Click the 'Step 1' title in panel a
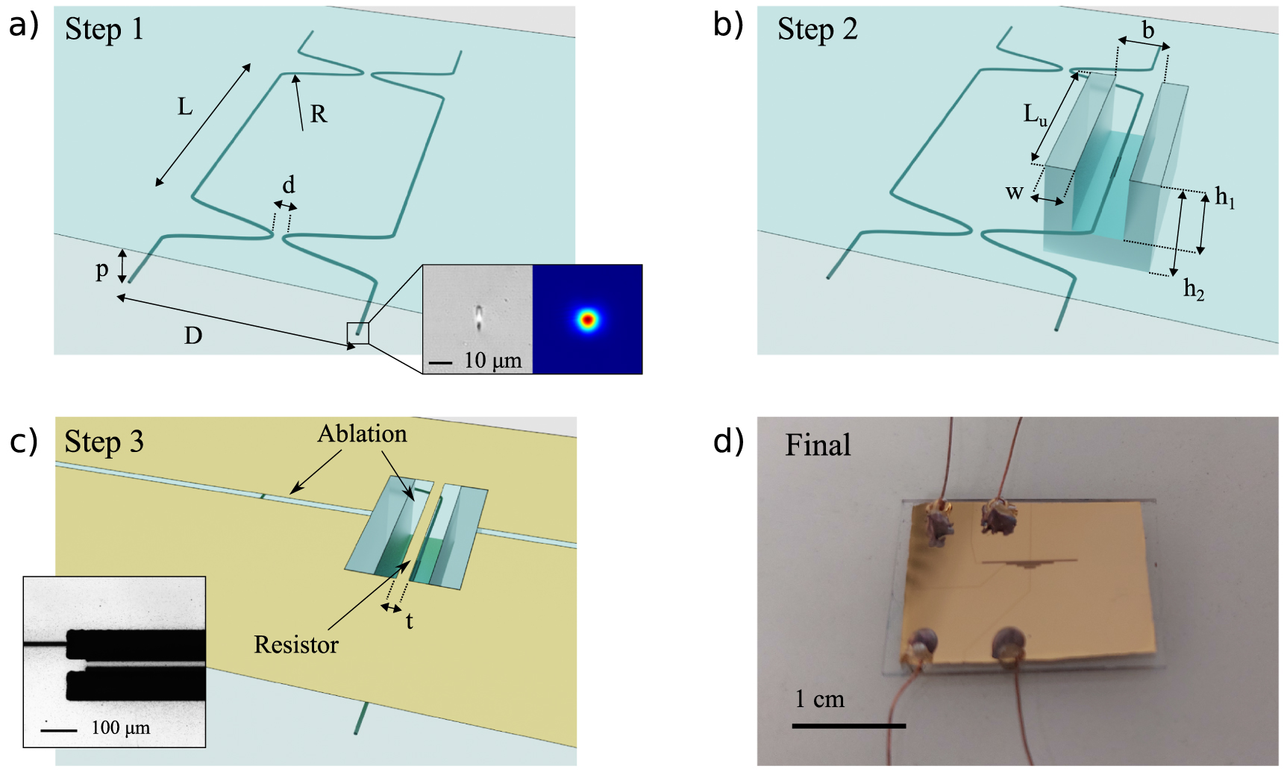tap(104, 29)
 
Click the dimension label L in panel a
tap(184, 107)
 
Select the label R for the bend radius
tap(319, 114)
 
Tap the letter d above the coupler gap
tap(289, 184)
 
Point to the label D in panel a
tap(193, 336)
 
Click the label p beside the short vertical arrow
tap(102, 270)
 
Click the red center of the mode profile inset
tap(588, 320)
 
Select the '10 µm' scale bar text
tap(492, 361)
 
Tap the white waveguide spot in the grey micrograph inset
tap(478, 317)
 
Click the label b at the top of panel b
tap(1148, 31)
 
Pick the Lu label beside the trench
tap(1035, 115)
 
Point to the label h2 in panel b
tap(1194, 289)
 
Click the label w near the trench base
tap(1014, 193)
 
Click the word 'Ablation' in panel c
tap(363, 434)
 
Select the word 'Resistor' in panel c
tap(296, 644)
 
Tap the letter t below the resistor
tap(410, 621)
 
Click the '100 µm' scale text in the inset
tap(121, 728)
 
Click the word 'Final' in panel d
tap(818, 445)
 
